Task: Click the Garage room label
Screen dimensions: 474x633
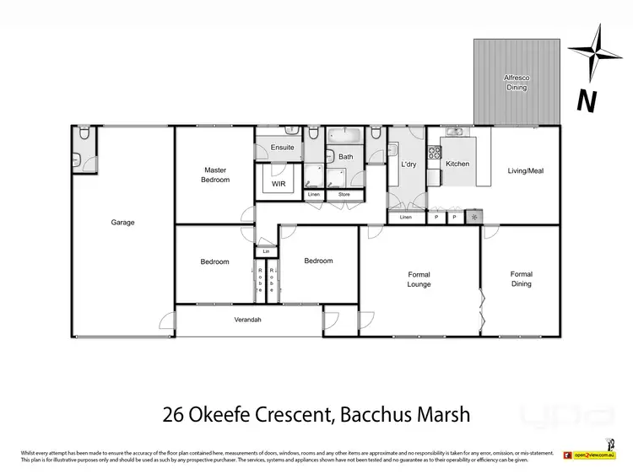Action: point(122,223)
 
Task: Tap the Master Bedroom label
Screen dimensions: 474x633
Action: point(214,175)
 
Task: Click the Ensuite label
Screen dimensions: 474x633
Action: point(283,148)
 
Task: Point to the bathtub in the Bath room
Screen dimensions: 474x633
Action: point(344,136)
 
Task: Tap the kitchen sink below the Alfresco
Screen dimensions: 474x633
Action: point(457,132)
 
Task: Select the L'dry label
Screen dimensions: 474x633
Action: point(409,164)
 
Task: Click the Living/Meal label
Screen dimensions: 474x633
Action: point(526,171)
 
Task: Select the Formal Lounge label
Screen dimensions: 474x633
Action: point(419,279)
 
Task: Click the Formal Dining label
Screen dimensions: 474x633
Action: point(521,279)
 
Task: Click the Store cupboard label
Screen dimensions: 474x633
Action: point(344,195)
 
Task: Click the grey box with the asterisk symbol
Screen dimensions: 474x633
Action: point(473,217)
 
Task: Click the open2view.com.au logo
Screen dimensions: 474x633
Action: point(587,455)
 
